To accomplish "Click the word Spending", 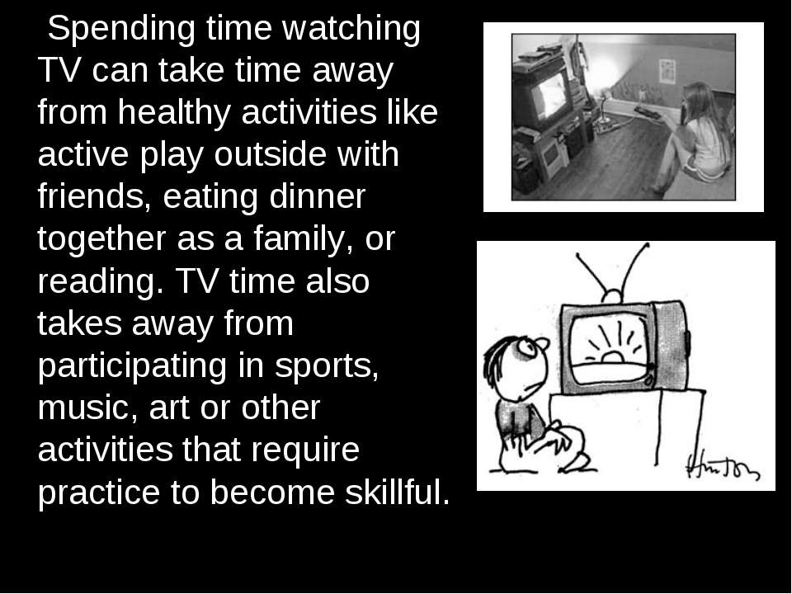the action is tap(121, 30).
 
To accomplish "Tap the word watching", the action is tap(351, 28).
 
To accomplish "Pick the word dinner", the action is tap(317, 196).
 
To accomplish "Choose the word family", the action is tap(303, 240).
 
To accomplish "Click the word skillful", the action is tap(398, 492).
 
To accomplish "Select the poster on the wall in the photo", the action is tap(667, 71).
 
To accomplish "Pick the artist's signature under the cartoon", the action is tap(723, 466).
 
